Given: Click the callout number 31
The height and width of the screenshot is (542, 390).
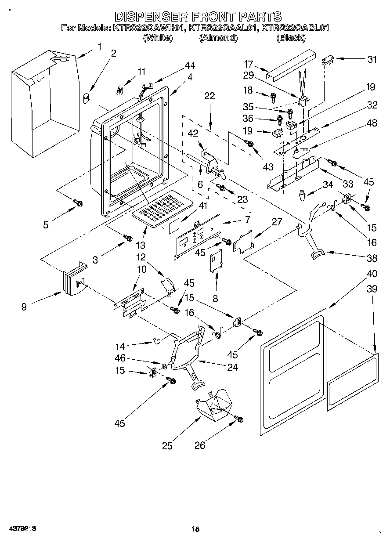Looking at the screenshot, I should tap(372, 60).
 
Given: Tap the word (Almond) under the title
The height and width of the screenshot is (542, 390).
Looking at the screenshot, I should tap(218, 38).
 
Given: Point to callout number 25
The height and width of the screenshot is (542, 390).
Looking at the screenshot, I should tap(167, 446).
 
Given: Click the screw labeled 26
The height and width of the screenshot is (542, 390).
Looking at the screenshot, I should tap(239, 419).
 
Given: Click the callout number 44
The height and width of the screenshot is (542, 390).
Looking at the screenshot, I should tap(189, 65).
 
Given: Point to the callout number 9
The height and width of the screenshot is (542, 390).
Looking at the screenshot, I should tap(24, 307).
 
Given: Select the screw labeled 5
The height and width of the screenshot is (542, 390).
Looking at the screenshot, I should tap(78, 202).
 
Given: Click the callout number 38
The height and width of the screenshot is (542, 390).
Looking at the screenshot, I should tap(372, 258).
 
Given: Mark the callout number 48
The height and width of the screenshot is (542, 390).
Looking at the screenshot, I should tap(372, 123).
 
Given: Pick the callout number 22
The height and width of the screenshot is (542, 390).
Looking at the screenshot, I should tap(209, 96).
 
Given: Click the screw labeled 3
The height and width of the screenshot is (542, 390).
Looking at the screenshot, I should tap(128, 238).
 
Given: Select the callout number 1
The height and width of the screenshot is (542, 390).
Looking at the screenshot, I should tap(100, 47).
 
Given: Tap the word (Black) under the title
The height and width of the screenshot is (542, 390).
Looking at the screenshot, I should tap(290, 38).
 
